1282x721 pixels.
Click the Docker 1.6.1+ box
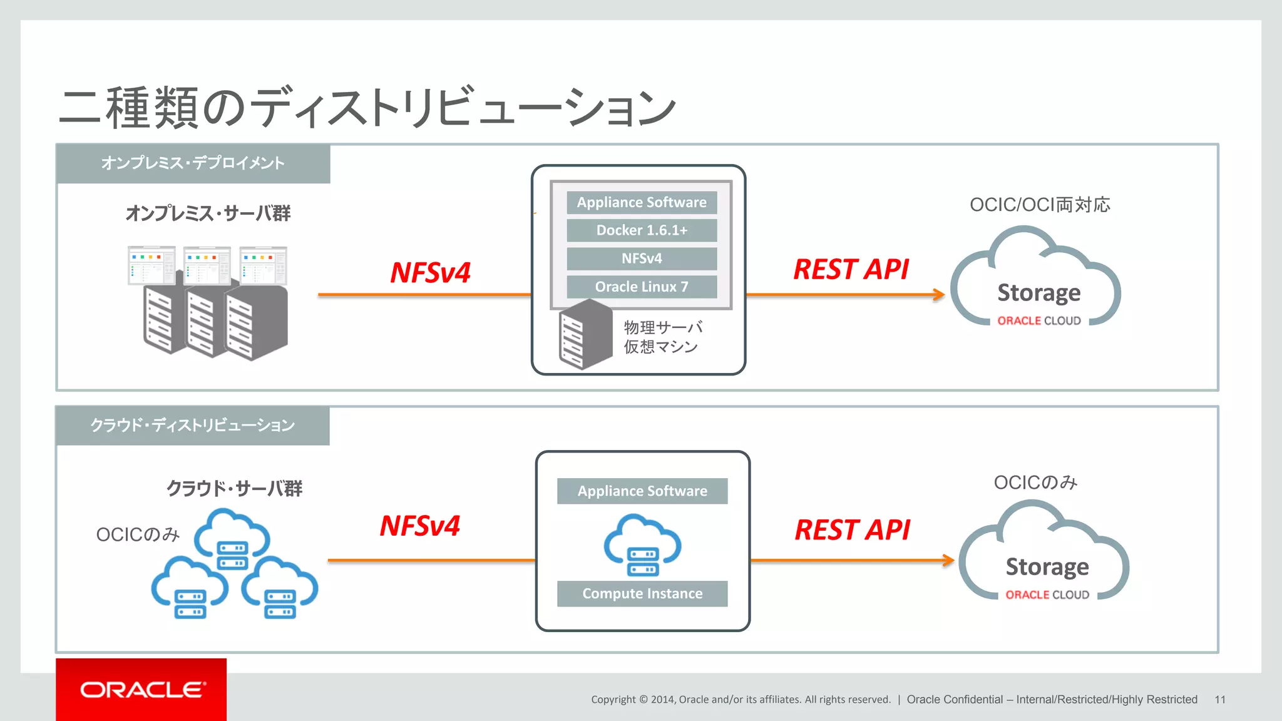(642, 230)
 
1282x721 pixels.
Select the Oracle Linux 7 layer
(642, 287)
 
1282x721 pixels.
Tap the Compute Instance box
(642, 593)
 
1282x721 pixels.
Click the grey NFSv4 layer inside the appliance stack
(642, 258)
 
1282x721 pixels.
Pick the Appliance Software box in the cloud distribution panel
(642, 491)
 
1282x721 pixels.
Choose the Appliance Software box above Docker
(642, 202)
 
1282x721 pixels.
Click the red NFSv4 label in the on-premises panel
(430, 273)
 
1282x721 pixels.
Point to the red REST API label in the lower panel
(852, 530)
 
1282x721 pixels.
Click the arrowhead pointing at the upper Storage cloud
(938, 294)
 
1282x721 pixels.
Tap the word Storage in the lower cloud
(1047, 566)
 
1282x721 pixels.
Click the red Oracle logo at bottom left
(141, 689)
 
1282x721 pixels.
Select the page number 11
(1219, 700)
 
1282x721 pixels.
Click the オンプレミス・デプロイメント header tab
(193, 163)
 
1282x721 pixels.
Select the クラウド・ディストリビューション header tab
(192, 426)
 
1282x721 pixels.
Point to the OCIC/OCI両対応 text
(1039, 205)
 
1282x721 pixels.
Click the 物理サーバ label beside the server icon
(663, 327)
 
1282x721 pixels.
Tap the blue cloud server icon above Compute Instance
(642, 545)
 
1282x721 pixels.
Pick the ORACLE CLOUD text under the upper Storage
(1038, 320)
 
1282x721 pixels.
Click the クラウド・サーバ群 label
(234, 488)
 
